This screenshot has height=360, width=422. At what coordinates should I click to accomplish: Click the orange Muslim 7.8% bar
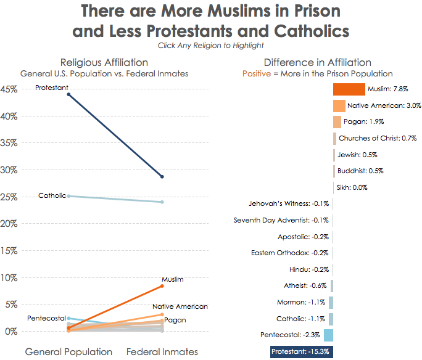(x=349, y=89)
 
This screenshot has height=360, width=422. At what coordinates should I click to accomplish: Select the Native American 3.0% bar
(x=339, y=105)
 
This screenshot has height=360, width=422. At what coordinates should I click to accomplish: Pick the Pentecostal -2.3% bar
(x=328, y=335)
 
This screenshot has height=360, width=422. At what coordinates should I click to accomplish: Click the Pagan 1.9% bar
(x=337, y=122)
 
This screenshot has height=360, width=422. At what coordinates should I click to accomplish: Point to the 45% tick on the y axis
(x=9, y=89)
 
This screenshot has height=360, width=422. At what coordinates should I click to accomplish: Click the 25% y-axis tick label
(x=9, y=197)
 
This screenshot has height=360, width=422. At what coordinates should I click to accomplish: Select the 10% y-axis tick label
(x=9, y=277)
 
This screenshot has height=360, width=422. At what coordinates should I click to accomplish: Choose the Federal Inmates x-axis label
(x=162, y=352)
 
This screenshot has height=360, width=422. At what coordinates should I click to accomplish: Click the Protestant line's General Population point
(x=68, y=94)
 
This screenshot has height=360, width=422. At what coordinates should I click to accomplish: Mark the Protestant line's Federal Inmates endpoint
(x=162, y=177)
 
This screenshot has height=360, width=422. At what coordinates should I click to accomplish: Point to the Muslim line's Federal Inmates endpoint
(x=162, y=286)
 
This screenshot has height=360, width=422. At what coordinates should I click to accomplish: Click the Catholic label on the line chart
(x=52, y=196)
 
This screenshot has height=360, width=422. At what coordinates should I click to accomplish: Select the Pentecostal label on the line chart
(x=46, y=318)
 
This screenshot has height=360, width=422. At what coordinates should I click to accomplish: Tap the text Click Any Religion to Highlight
(x=211, y=45)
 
